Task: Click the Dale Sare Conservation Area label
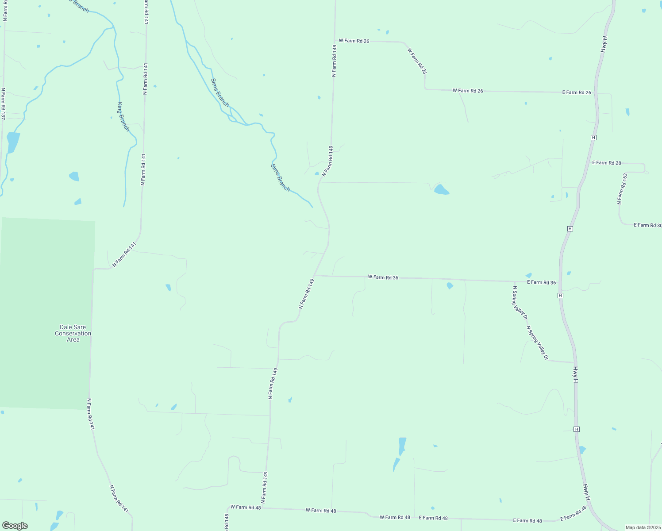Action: coord(73,334)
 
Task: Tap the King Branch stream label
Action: coord(123,117)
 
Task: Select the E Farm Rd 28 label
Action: coord(607,163)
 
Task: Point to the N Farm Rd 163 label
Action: coord(622,189)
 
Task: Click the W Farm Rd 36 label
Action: coord(383,277)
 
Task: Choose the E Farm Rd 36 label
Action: coord(541,282)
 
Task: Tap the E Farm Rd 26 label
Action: coord(577,92)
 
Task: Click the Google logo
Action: coord(15,526)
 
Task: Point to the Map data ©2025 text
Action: coord(643,527)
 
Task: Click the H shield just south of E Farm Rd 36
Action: coord(561,295)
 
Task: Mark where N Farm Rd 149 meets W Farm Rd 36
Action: coord(314,275)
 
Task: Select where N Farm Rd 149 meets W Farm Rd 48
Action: coord(264,508)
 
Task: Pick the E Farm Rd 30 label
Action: coord(647,225)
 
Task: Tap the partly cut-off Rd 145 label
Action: coord(227,522)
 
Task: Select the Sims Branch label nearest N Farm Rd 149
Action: coord(280,177)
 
